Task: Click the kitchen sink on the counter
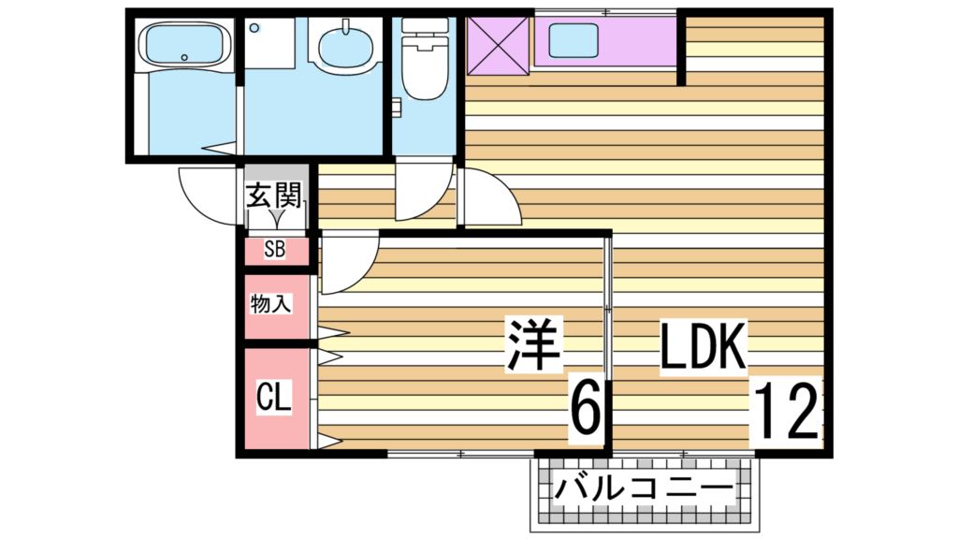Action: coord(573,41)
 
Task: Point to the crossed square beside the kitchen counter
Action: coord(498,44)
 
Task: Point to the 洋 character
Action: coord(533,345)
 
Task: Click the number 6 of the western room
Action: coord(585,409)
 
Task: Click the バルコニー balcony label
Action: coord(645,488)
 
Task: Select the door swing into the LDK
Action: coord(491,198)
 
